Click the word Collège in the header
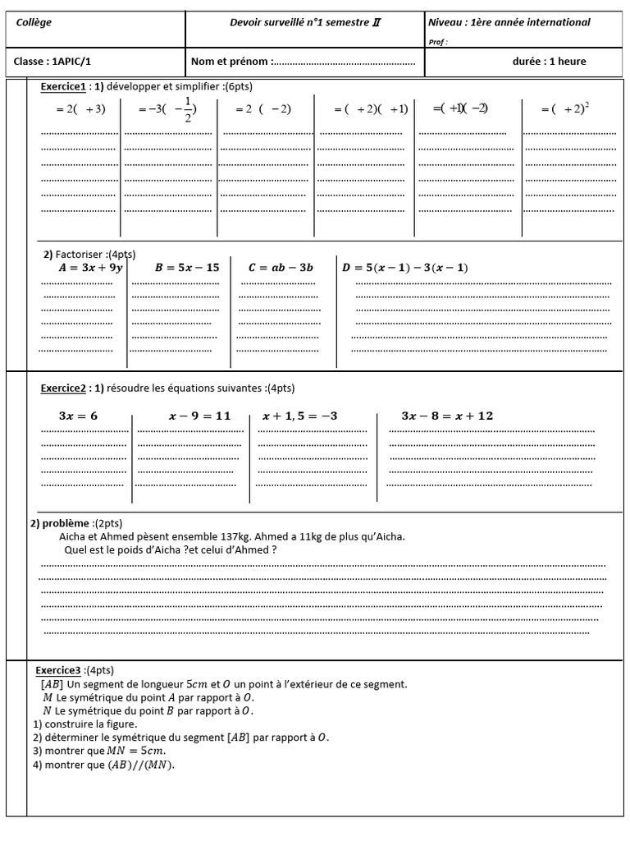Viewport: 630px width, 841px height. (34, 22)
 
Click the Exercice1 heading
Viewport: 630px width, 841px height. (63, 87)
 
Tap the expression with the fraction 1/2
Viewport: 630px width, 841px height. (168, 109)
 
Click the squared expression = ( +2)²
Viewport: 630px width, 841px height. (566, 108)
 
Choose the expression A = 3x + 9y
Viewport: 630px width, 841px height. (90, 268)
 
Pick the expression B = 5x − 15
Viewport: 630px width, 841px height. (187, 268)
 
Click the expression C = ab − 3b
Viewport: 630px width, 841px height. (281, 268)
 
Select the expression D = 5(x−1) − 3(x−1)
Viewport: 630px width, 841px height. (405, 268)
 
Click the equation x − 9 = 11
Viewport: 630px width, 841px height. (200, 416)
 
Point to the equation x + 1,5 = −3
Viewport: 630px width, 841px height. (300, 416)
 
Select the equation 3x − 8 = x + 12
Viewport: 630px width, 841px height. (447, 416)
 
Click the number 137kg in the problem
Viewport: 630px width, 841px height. (204, 537)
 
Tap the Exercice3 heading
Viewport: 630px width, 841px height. (58, 670)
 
